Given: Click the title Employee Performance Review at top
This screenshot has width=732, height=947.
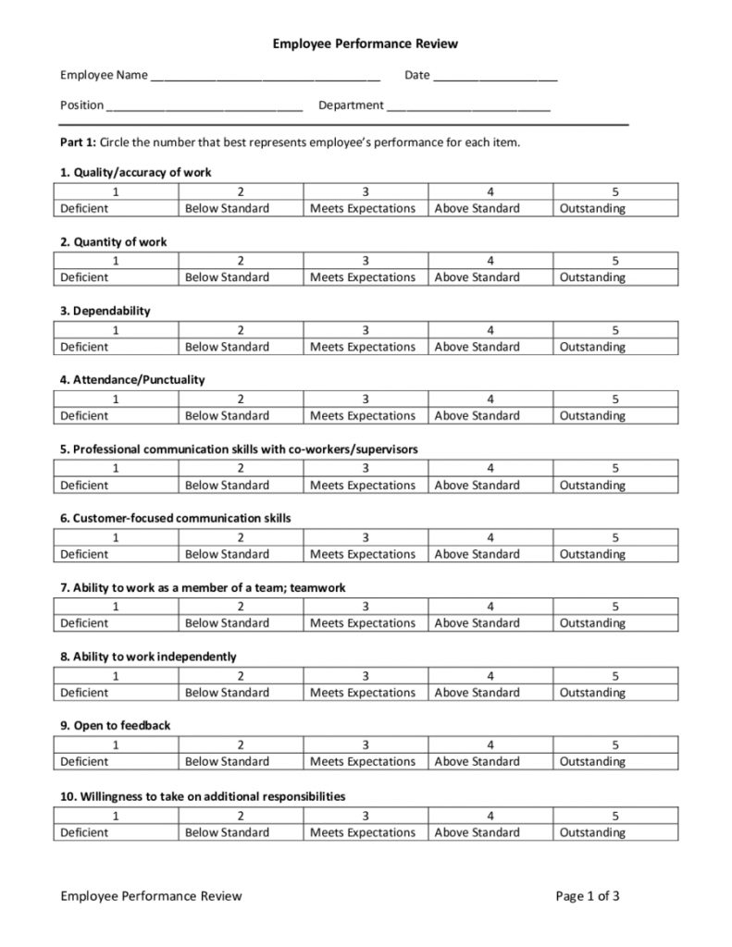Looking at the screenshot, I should pos(366,43).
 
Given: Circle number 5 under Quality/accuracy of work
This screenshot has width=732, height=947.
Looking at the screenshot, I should pos(615,191).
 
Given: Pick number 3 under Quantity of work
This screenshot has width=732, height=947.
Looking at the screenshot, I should pos(366,261).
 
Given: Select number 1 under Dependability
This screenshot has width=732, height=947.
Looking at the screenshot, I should pos(116,330).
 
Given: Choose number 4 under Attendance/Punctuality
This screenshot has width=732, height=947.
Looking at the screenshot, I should pos(490,399).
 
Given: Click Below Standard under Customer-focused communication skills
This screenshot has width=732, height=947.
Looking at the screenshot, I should pos(227,554).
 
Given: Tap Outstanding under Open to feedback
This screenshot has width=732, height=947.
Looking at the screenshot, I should pos(592,761).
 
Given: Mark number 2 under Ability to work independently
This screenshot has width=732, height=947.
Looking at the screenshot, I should pos(241,676).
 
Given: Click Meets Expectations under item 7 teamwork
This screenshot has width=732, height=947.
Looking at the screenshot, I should pos(363,622).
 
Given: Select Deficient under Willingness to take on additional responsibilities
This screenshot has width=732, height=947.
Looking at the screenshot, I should pos(84,832).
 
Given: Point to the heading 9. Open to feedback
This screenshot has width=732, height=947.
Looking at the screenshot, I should pos(116,726).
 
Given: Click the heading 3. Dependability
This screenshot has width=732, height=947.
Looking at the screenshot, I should pos(105,311).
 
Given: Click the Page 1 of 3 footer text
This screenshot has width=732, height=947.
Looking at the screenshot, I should pos(588,895).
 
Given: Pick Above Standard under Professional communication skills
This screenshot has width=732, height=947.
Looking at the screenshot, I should pos(477,485).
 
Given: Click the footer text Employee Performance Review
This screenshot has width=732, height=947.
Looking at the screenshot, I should pos(151,895).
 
